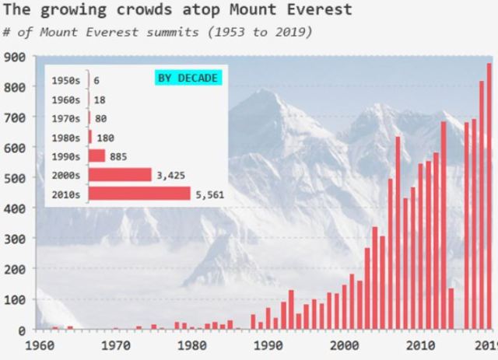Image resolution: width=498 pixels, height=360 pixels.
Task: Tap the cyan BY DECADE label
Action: point(188,79)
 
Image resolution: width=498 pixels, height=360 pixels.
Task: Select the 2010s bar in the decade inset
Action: point(139,194)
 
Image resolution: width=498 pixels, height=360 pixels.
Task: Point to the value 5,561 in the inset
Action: point(209,195)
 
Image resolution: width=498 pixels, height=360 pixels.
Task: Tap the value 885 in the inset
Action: point(118,156)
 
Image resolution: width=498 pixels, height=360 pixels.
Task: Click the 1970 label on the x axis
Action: point(116,345)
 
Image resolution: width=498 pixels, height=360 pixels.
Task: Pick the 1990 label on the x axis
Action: point(268,345)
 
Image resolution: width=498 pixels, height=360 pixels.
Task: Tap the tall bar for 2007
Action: point(398,233)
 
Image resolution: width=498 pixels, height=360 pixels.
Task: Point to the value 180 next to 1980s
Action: point(106,138)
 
